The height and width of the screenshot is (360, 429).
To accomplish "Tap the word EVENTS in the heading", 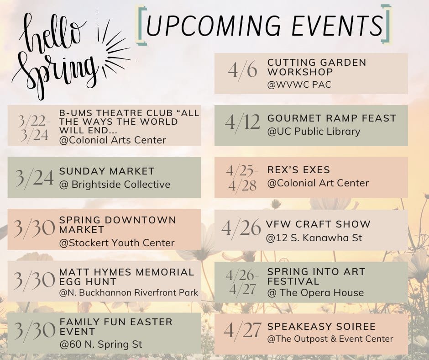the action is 337,25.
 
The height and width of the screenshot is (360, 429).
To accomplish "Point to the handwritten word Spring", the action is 55,73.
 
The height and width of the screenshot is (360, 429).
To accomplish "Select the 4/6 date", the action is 242,70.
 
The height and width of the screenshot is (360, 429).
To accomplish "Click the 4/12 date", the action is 242,122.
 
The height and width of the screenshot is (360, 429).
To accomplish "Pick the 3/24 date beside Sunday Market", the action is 35,178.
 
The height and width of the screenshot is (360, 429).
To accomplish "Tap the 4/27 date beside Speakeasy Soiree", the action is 242,330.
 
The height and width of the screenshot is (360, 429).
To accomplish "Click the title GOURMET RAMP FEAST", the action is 332,118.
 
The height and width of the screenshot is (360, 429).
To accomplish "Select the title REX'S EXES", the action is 299,169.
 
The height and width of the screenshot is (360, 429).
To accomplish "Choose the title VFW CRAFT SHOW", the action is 318,224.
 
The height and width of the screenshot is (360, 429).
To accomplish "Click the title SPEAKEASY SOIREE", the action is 321,326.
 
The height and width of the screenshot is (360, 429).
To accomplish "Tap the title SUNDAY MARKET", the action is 107,171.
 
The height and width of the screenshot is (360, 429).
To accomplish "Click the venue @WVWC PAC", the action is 299,85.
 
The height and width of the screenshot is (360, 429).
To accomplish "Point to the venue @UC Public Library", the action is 314,132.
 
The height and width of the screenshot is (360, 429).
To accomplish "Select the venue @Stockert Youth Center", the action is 117,243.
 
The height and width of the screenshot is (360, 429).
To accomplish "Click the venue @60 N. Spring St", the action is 101,344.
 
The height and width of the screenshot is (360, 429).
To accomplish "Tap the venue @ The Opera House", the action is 316,292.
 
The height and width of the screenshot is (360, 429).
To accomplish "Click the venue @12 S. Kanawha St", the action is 314,238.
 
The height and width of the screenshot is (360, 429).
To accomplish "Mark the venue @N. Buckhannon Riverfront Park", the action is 129,292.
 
